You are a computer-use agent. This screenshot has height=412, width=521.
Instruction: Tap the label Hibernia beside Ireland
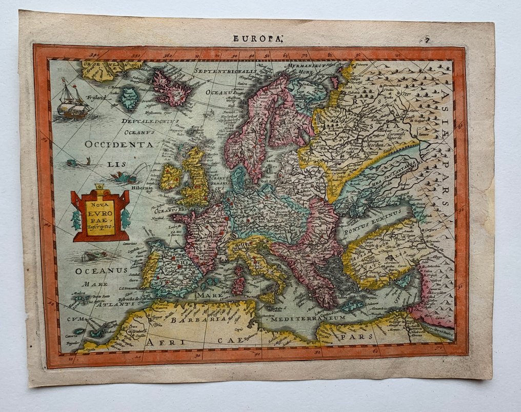[x=144, y=188]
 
